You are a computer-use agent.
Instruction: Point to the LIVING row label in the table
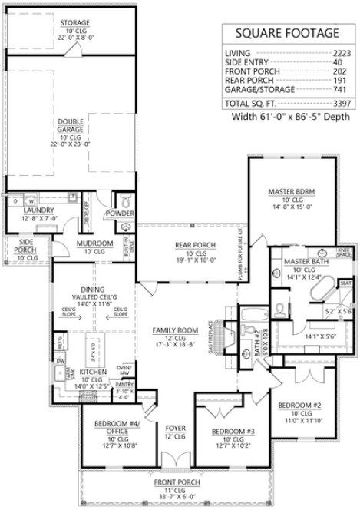(237, 52)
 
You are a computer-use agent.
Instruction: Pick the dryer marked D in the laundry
(15, 201)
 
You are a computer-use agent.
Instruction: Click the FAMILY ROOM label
(175, 330)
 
